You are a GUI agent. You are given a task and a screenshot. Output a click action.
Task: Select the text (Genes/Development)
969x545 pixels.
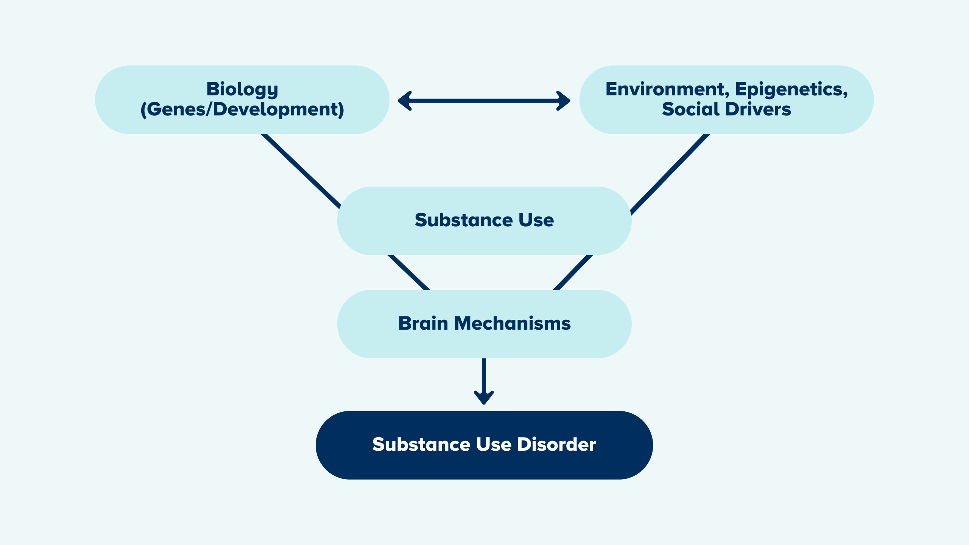[x=242, y=109]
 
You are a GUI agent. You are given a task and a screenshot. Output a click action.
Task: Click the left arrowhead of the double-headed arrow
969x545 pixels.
[x=405, y=101]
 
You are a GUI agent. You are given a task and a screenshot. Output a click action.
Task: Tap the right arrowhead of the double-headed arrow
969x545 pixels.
[x=563, y=101]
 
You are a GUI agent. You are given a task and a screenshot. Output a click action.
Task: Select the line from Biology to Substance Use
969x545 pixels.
[x=301, y=171]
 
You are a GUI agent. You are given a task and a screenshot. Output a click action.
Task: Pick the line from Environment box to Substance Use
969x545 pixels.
[x=670, y=174]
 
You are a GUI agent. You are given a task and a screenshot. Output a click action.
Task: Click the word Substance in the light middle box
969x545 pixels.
[x=463, y=220]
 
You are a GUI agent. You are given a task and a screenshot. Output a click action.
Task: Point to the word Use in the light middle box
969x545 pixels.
[x=536, y=220]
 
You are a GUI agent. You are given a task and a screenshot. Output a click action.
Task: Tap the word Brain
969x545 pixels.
[x=423, y=324]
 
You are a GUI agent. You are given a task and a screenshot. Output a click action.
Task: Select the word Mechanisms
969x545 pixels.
[x=513, y=324]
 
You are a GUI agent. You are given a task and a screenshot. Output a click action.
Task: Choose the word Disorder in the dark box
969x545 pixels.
[x=557, y=444]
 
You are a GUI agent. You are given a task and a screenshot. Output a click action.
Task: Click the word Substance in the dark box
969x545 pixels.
[x=421, y=444]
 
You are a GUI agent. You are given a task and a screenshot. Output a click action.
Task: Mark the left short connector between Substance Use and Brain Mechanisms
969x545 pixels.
[x=409, y=272]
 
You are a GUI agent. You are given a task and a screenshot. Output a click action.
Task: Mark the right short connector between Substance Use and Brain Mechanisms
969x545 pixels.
[x=573, y=272]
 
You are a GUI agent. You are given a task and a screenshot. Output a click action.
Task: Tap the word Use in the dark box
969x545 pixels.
[x=494, y=444]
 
